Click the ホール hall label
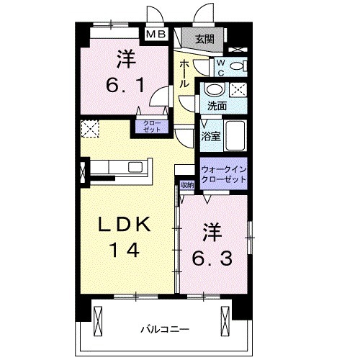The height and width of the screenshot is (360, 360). pyautogui.click(x=184, y=73)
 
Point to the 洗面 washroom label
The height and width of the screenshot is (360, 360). pyautogui.click(x=217, y=105)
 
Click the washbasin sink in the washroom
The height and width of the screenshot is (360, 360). pyautogui.click(x=214, y=90)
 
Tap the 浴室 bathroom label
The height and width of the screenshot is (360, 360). pyautogui.click(x=211, y=135)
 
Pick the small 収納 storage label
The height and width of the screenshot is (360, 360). pyautogui.click(x=187, y=185)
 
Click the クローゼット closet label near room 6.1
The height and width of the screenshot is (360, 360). pyautogui.click(x=151, y=127)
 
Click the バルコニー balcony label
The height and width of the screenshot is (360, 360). pyautogui.click(x=165, y=328)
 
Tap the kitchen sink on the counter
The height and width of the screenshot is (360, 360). pyautogui.click(x=135, y=167)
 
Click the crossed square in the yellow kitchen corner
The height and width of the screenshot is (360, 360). pyautogui.click(x=89, y=130)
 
